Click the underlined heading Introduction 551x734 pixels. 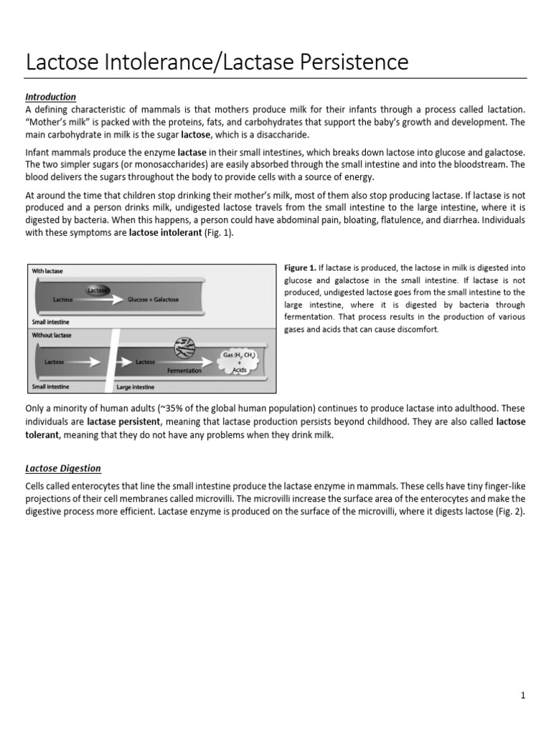tap(50, 97)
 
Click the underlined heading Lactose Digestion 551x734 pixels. tap(63, 468)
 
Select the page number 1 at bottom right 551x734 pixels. tap(524, 695)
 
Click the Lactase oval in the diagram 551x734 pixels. tap(98, 290)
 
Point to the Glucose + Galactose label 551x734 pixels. tap(153, 300)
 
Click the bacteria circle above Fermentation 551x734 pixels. tap(184, 349)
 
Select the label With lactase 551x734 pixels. tap(47, 271)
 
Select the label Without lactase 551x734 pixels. tap(51, 335)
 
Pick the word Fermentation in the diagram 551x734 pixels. tap(184, 371)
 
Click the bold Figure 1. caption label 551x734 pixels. tap(301, 268)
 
